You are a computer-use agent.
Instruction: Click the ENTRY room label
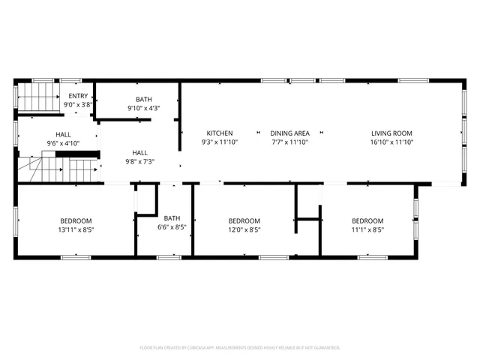(x=78, y=96)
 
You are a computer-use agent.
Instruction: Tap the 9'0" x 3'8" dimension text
(x=78, y=105)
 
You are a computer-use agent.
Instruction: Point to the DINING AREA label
(x=289, y=133)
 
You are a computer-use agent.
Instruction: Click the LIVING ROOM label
(x=391, y=133)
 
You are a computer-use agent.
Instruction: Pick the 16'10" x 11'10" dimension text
(x=391, y=142)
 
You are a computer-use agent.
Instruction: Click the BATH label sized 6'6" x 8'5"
(x=172, y=218)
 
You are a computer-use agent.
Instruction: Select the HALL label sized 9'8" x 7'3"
(x=139, y=151)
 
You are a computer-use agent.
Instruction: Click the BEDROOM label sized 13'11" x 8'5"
(x=76, y=220)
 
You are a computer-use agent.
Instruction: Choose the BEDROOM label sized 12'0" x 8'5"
(x=244, y=220)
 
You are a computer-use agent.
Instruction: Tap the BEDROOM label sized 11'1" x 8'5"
(x=367, y=220)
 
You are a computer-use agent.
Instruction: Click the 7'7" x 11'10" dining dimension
(x=289, y=142)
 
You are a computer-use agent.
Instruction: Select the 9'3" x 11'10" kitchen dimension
(x=220, y=142)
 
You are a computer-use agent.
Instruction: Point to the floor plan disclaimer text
(x=240, y=348)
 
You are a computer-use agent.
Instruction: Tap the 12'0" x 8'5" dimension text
(x=244, y=230)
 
